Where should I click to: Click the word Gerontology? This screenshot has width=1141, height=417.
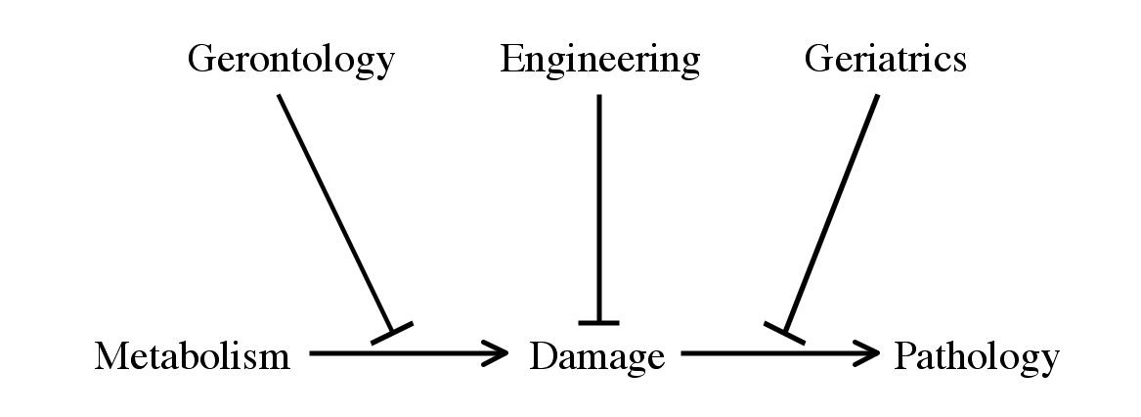click(291, 61)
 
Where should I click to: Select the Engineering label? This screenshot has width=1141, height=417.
click(599, 61)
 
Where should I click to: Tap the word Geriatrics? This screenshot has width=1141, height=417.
click(886, 59)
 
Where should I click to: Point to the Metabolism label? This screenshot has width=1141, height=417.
click(192, 356)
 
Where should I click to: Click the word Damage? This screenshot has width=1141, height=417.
click(596, 358)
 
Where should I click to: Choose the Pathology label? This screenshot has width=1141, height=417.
click(977, 358)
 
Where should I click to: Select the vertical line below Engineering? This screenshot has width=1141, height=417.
click(599, 208)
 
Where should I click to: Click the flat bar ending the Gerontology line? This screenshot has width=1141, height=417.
click(392, 333)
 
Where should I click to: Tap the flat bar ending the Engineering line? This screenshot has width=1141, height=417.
click(599, 322)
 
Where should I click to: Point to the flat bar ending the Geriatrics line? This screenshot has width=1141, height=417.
click(784, 333)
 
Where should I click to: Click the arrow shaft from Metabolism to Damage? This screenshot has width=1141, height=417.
click(408, 354)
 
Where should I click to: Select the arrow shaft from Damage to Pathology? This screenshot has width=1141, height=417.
click(779, 354)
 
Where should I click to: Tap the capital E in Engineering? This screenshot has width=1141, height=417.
click(512, 59)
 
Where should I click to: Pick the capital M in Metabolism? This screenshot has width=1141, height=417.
click(112, 356)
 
